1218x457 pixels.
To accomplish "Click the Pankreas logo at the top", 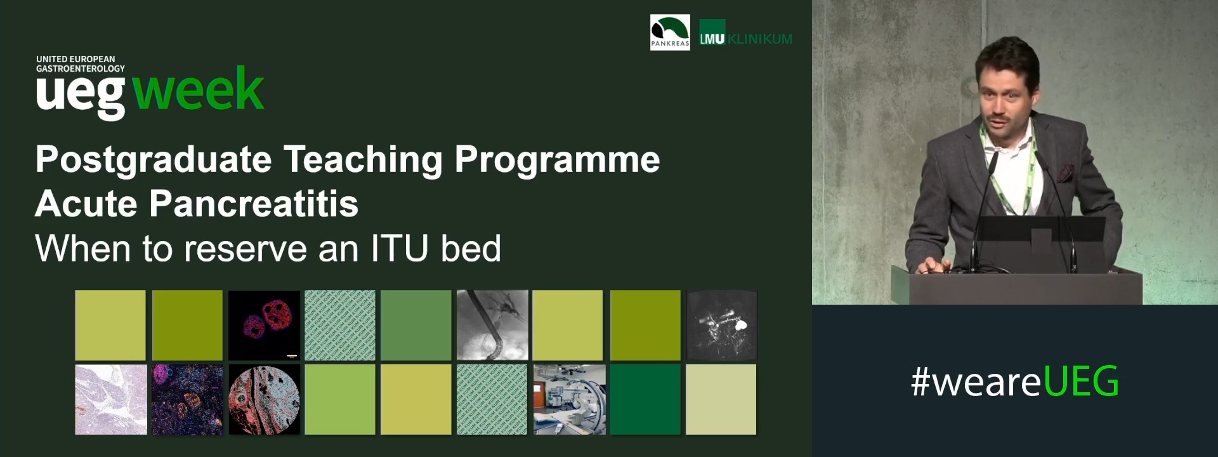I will pyautogui.click(x=670, y=32).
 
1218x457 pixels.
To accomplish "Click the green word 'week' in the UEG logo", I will pyautogui.click(x=199, y=89).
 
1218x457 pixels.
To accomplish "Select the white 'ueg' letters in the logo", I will pyautogui.click(x=81, y=94).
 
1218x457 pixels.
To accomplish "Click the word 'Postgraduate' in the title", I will pyautogui.click(x=154, y=159).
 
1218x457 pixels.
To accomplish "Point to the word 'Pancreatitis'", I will pyautogui.click(x=254, y=204).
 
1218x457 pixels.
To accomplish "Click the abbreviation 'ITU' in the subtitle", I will pyautogui.click(x=400, y=248).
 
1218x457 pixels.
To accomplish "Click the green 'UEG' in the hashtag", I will pyautogui.click(x=1081, y=381).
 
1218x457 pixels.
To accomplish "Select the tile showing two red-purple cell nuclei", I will pyautogui.click(x=264, y=325).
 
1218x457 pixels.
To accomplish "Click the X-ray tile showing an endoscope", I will pyautogui.click(x=492, y=325).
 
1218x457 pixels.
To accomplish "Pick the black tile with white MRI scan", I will pyautogui.click(x=722, y=325).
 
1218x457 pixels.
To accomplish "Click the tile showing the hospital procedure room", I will pyautogui.click(x=569, y=399).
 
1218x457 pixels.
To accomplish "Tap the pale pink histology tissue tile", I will pyautogui.click(x=111, y=399).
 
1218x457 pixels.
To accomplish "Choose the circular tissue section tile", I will pyautogui.click(x=264, y=399).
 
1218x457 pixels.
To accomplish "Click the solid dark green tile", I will pyautogui.click(x=645, y=399).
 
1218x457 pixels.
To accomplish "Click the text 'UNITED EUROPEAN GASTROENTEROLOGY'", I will pyautogui.click(x=80, y=63).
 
